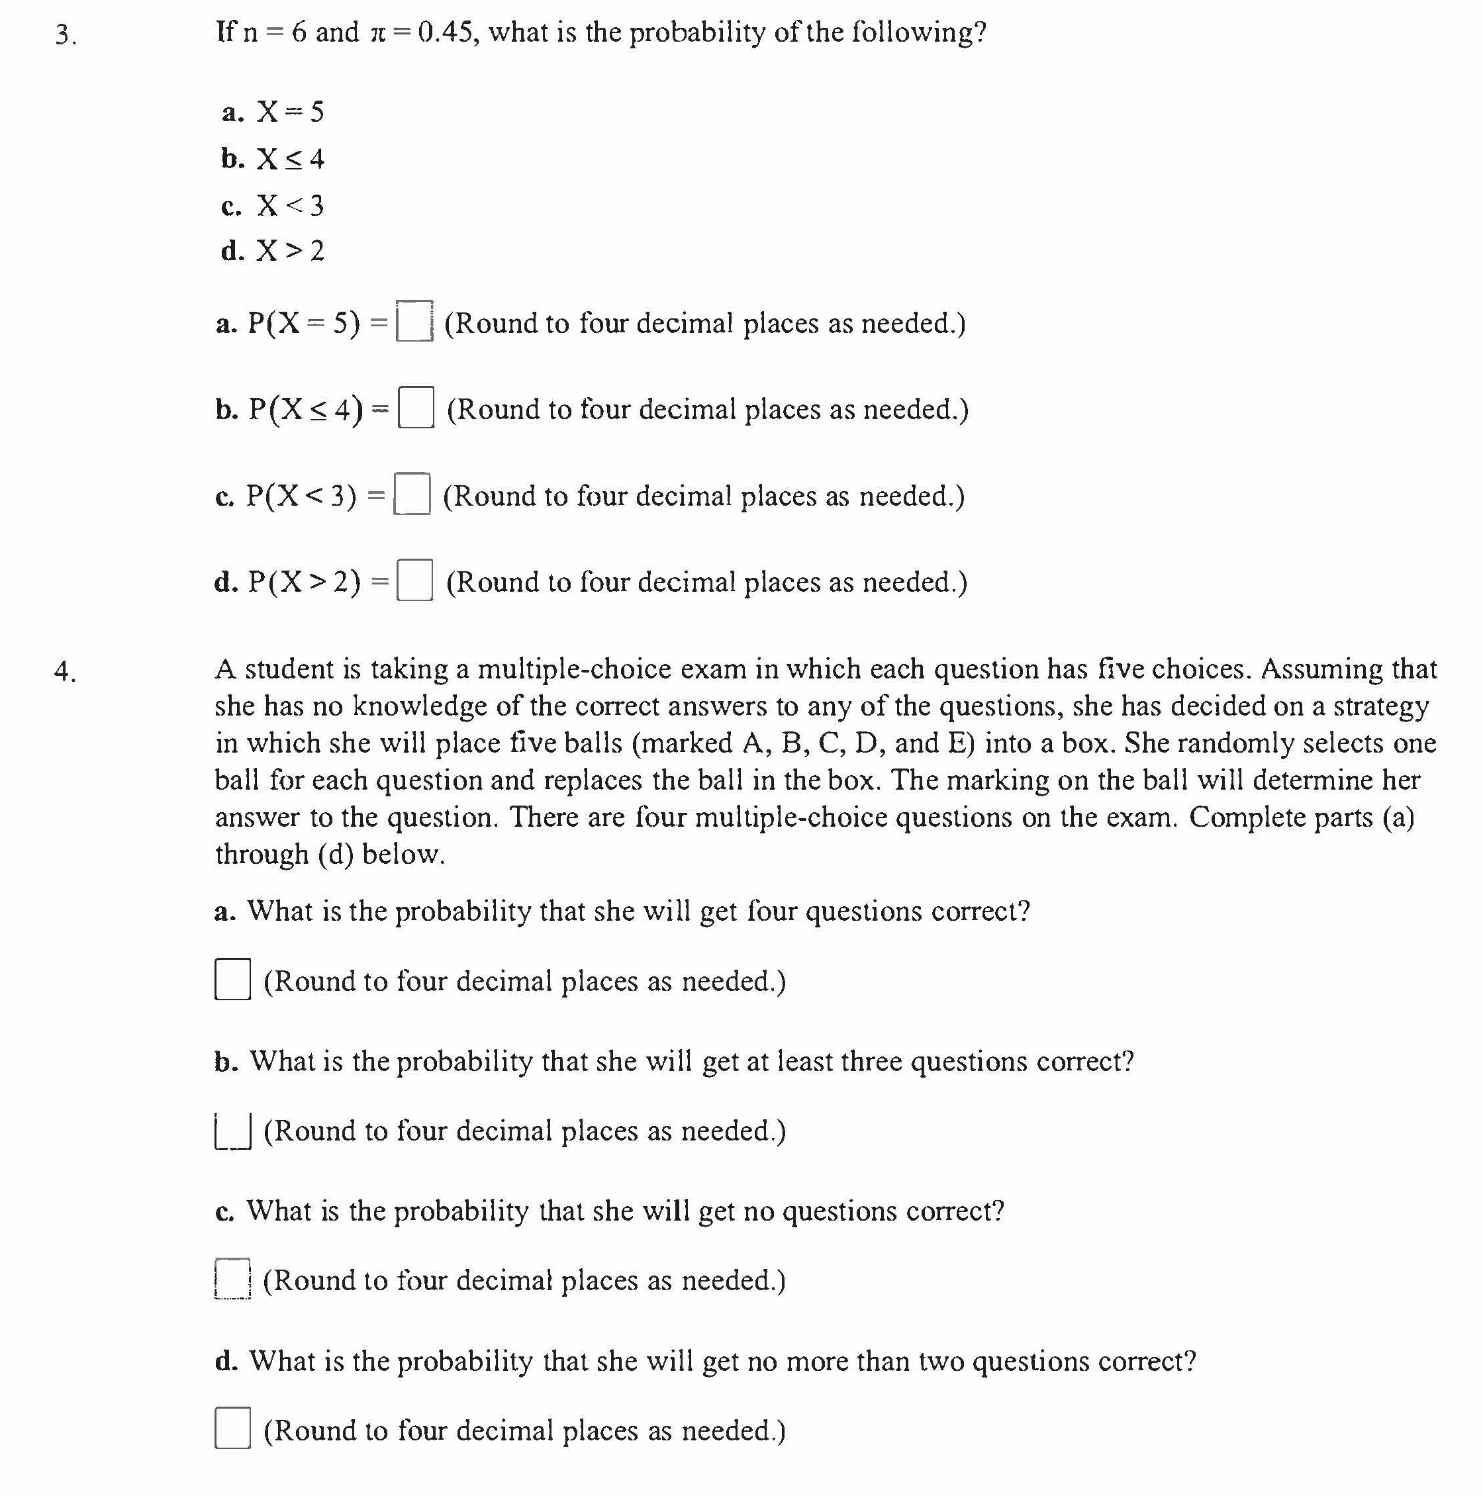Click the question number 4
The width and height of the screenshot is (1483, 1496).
[x=64, y=671]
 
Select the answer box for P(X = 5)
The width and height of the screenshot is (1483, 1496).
[x=414, y=321]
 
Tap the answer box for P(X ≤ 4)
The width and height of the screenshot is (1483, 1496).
[x=416, y=407]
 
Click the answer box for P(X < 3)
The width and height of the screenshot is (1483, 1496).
[x=412, y=494]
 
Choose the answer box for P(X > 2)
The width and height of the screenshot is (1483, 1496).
[x=414, y=580]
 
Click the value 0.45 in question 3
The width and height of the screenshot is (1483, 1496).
[x=444, y=32]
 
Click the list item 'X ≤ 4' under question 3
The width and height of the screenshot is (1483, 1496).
[x=291, y=159]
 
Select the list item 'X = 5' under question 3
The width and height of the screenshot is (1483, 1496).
[x=291, y=113]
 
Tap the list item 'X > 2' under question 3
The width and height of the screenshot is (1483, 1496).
[x=291, y=251]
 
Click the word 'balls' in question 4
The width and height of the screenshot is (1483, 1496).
[x=593, y=743]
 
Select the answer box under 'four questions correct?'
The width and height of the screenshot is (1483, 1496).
[x=232, y=980]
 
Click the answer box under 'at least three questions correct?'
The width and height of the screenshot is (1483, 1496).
[x=232, y=1130]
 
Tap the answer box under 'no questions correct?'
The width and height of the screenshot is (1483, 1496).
[x=232, y=1279]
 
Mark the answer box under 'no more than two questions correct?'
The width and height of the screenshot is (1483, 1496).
[x=232, y=1428]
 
